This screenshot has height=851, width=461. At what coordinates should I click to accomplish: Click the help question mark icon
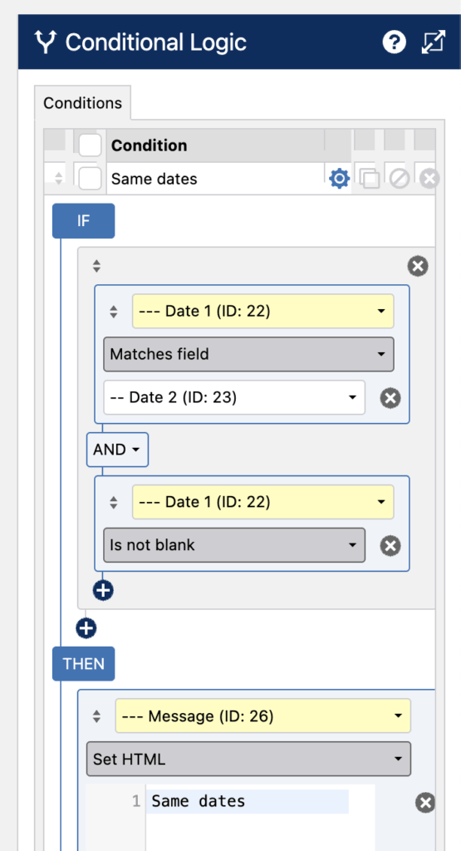pos(395,42)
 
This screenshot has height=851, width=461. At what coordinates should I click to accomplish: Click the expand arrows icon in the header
pos(434,42)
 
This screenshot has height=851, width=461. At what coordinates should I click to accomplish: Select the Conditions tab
pos(82,103)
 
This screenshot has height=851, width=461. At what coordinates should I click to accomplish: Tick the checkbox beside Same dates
pos(90,179)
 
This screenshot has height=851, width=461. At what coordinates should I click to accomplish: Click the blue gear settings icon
pos(340,178)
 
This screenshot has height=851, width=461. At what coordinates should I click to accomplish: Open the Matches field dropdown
pos(248,354)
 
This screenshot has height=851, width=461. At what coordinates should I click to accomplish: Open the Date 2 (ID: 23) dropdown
pos(234,397)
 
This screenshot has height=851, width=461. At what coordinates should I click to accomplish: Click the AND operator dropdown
pos(117,450)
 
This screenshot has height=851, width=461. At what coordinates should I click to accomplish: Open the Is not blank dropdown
pos(234,545)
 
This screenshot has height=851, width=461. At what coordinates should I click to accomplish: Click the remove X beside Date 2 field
pos(390,398)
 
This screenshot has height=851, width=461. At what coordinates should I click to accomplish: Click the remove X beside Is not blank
pos(390,545)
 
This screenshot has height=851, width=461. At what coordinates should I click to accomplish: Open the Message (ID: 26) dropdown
pos(262,716)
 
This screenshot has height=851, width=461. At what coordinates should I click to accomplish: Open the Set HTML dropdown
pos(248,759)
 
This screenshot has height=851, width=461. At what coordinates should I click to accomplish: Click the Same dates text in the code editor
pos(198,801)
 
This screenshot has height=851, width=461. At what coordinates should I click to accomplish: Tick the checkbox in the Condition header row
pos(90,145)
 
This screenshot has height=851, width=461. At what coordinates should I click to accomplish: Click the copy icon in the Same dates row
pos(370,179)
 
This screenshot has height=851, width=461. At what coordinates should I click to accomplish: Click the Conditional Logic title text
pos(155,42)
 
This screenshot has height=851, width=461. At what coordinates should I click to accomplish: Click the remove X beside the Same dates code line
pos(426,803)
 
